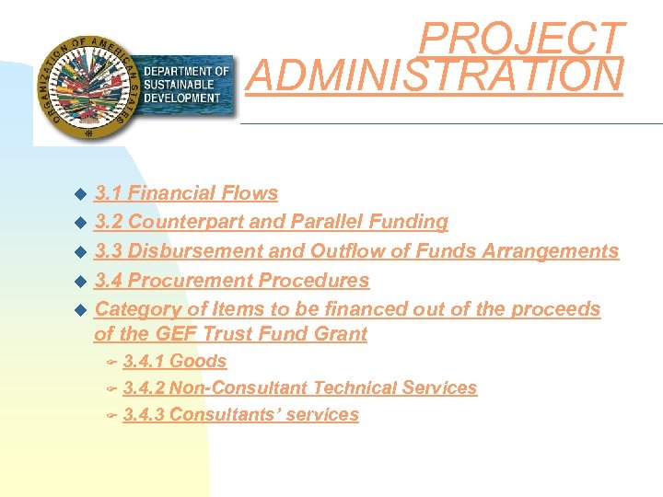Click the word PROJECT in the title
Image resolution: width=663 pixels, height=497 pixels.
[522, 39]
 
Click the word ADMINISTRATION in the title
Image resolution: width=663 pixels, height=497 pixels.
[435, 76]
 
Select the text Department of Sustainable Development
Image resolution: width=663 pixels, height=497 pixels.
[186, 85]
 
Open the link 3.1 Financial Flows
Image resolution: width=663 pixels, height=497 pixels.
[186, 193]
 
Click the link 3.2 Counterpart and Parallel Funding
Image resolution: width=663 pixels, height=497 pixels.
[271, 222]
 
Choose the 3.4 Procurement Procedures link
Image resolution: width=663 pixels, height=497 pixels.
[231, 280]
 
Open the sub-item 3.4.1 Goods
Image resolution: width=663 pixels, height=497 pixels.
[174, 362]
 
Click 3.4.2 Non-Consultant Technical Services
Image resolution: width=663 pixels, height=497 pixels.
[299, 388]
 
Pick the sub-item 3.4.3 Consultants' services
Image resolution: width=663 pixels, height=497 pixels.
[240, 415]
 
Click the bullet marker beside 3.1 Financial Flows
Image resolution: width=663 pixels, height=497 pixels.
[79, 194]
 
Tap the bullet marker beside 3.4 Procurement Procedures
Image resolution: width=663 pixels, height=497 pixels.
[79, 281]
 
